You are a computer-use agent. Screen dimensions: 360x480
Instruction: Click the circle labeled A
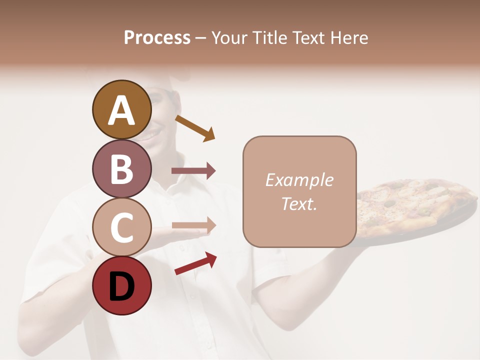[x=121, y=109]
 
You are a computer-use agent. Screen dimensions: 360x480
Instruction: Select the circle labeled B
[x=121, y=168]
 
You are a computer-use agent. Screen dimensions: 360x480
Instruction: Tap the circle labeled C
[x=121, y=227]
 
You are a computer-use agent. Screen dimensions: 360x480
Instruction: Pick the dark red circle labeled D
[x=121, y=285]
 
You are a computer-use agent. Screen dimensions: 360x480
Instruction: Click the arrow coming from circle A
[x=195, y=127]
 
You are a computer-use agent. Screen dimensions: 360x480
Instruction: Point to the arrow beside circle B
[x=193, y=171]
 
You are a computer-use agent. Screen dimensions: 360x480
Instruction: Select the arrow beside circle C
[x=193, y=225]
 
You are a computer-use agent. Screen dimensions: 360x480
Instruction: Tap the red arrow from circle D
[x=195, y=263]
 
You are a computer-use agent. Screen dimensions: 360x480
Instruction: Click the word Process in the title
[x=157, y=37]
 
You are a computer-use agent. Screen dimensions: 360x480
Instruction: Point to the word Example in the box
[x=299, y=180]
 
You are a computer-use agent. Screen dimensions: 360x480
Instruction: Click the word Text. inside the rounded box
[x=299, y=203]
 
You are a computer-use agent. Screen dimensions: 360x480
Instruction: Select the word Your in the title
[x=230, y=37]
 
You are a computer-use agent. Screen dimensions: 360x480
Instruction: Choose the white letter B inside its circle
[x=121, y=168]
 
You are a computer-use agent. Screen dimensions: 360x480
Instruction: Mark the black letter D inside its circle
[x=121, y=286]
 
